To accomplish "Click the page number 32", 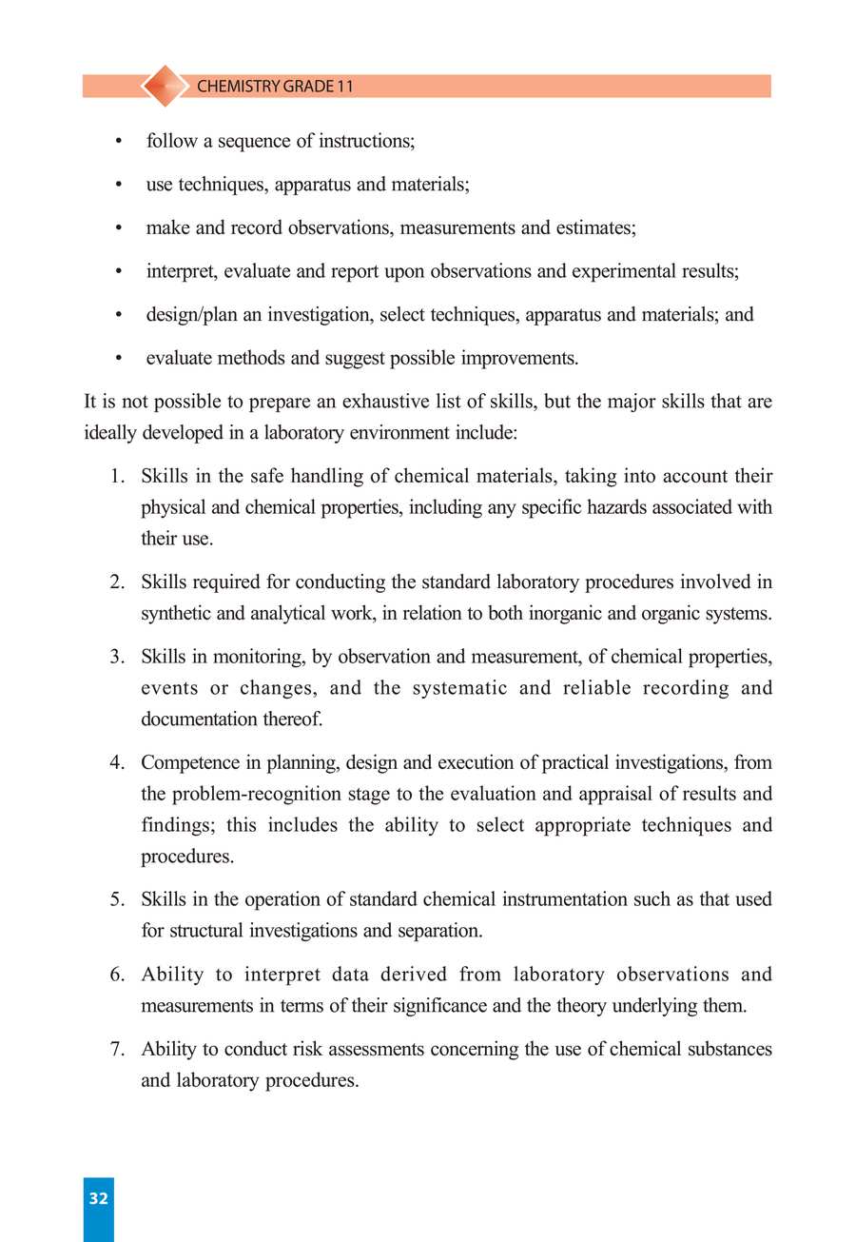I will pyautogui.click(x=98, y=1199).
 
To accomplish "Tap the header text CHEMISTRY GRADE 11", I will pyautogui.click(x=275, y=87).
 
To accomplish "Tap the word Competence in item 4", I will pyautogui.click(x=186, y=762).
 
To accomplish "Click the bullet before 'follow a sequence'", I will pyautogui.click(x=118, y=142).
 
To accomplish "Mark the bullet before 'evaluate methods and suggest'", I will pyautogui.click(x=118, y=360).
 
